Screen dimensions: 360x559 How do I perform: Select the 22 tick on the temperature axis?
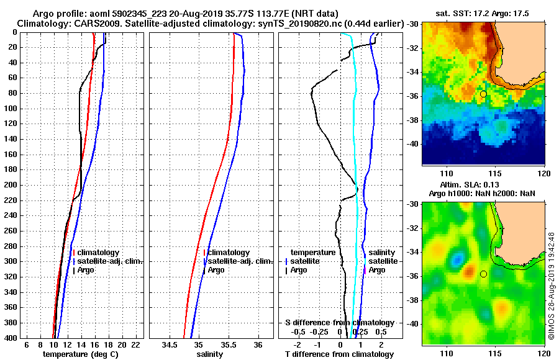(x=135, y=345)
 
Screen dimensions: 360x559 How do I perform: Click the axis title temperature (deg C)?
(x=80, y=354)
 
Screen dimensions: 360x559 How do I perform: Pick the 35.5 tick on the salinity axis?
(x=229, y=345)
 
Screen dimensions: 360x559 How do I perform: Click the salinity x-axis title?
(x=210, y=354)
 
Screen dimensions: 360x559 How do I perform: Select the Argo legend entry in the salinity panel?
(x=216, y=270)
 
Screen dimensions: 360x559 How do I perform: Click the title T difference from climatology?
(x=339, y=354)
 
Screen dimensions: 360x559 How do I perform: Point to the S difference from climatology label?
(x=339, y=323)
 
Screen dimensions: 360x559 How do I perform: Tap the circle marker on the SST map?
(x=483, y=94)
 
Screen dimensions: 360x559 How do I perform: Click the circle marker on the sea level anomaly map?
(x=483, y=274)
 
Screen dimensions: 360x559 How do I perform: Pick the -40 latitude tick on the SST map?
(x=413, y=144)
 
